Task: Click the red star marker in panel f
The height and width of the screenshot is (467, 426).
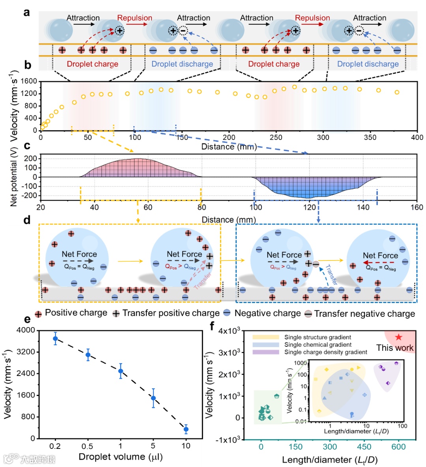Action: click(398, 337)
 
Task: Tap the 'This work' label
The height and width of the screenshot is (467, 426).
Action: click(394, 348)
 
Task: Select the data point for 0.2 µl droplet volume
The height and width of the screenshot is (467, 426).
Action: click(56, 339)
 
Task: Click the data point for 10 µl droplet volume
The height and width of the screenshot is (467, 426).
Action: click(186, 429)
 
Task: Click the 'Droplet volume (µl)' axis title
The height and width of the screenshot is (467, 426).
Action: click(120, 457)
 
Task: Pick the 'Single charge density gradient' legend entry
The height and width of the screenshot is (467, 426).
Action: click(325, 352)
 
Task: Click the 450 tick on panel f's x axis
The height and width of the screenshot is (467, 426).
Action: click(364, 447)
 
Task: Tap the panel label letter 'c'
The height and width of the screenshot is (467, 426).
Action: click(27, 146)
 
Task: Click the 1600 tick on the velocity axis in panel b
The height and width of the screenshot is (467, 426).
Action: click(29, 81)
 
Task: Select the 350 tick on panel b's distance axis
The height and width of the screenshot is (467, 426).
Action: click(370, 138)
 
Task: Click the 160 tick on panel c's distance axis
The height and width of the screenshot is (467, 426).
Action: click(417, 207)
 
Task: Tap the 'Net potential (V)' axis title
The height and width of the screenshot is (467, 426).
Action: click(14, 177)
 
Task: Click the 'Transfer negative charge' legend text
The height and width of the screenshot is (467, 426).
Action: click(364, 314)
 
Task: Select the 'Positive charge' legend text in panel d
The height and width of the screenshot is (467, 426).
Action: click(76, 313)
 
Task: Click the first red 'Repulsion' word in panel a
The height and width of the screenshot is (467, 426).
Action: click(135, 18)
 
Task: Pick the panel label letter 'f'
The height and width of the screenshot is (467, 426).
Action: click(213, 326)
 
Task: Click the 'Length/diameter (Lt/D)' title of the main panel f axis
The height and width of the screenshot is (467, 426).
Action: click(330, 460)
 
